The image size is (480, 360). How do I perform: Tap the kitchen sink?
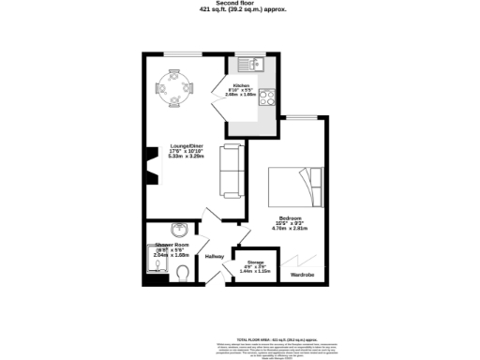point(253,66)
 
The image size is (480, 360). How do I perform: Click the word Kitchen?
point(240,83)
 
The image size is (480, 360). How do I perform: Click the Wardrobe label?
point(302,275)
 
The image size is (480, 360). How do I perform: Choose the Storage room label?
point(253,262)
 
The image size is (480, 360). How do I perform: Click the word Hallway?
point(216,256)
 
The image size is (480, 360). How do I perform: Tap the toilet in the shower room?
point(184,272)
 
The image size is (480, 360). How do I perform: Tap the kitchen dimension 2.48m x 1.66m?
point(240,95)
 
